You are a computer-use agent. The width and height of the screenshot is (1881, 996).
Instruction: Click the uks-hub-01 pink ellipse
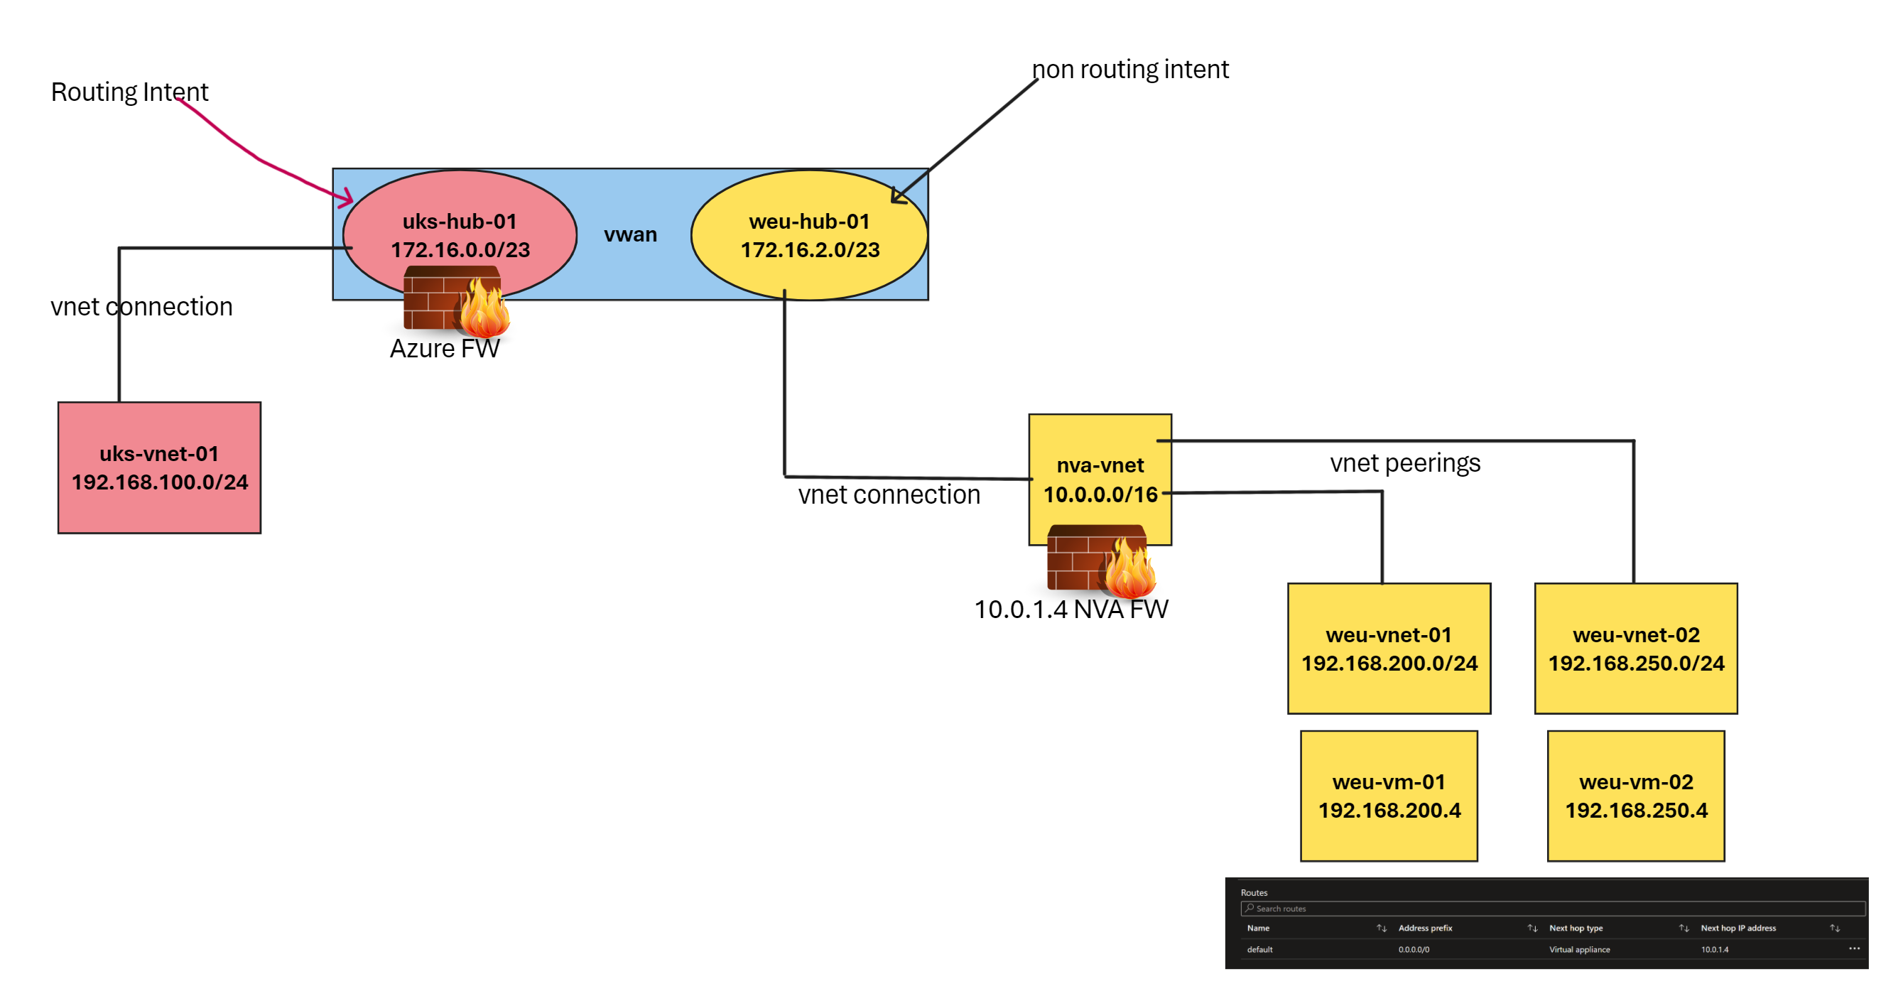[460, 219]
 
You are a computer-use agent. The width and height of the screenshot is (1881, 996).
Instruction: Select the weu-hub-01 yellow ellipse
[809, 234]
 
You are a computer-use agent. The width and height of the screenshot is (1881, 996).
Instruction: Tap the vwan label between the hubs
[630, 234]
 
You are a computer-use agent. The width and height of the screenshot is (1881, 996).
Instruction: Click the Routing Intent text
[129, 92]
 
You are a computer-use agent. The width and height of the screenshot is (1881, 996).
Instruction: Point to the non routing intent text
[1129, 70]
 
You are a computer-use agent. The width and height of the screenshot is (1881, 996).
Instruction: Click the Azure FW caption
[444, 348]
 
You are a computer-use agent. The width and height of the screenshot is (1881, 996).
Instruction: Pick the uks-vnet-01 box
[159, 467]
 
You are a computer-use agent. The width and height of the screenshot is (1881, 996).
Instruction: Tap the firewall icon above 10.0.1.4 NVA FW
[1100, 559]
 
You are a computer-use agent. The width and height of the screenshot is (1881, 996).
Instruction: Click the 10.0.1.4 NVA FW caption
[1070, 609]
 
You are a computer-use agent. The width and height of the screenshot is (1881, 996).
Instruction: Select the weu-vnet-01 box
[1389, 649]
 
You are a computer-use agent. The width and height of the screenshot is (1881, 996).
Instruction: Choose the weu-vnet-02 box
[1636, 649]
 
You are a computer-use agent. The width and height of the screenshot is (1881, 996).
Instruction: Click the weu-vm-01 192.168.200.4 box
[1389, 796]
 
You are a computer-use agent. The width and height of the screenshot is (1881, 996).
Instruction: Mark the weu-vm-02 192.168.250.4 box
[1636, 796]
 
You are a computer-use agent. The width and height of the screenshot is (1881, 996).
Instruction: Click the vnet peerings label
[1405, 463]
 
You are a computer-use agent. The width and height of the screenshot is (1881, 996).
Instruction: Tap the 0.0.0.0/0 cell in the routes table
[1414, 949]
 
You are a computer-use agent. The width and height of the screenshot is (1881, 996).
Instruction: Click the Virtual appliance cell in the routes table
[1579, 949]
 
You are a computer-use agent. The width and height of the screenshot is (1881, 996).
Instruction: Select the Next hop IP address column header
[1738, 928]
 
